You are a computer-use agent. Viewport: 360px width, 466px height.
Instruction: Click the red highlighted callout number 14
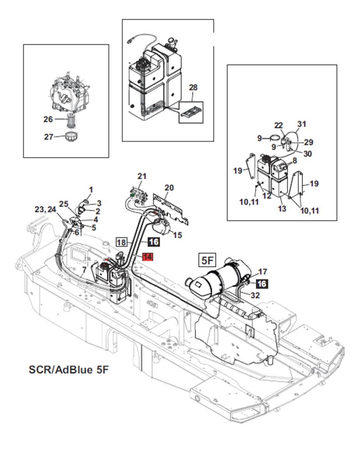148,257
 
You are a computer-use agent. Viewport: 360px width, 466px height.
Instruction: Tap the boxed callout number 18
122,242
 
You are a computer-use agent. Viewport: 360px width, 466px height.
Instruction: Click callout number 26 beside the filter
48,119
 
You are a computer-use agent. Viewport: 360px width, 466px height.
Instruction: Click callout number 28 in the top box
193,88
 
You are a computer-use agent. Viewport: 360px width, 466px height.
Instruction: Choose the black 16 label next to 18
154,242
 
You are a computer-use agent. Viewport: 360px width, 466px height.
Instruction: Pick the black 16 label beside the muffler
262,284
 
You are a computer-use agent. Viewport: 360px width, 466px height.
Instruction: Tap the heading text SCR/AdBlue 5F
68,369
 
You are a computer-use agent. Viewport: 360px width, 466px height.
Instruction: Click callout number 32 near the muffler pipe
255,296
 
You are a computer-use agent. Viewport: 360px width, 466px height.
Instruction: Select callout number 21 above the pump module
142,176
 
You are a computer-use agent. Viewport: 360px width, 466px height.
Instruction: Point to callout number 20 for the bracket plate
169,188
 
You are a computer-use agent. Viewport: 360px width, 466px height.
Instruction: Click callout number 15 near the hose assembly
177,235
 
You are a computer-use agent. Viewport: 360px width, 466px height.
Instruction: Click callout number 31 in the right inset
302,124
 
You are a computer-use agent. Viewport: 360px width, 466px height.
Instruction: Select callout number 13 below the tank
282,208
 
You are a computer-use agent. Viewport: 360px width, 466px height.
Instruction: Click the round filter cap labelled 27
72,137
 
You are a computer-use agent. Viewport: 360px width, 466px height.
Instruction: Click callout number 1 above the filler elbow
91,190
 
